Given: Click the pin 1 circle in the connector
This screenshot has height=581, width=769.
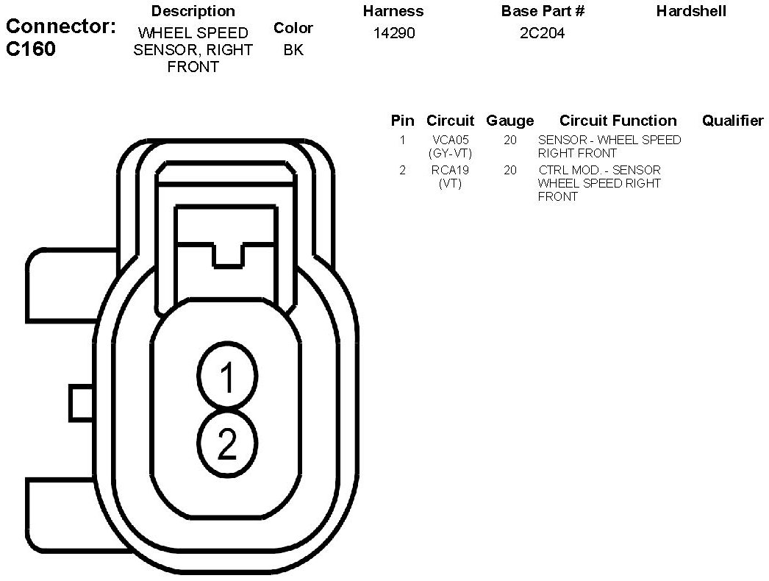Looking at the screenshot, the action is point(227,377).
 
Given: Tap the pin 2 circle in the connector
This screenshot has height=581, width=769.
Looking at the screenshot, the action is point(227,443).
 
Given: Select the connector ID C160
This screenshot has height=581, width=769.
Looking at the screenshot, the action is point(30,50).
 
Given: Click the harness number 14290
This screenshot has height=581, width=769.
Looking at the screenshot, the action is point(393,34).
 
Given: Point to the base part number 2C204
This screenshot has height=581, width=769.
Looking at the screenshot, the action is point(543,34).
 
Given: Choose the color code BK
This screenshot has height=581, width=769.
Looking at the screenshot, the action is point(293,51).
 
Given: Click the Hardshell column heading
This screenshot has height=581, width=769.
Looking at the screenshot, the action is point(691,11).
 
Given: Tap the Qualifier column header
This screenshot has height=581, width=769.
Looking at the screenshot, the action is point(732,121).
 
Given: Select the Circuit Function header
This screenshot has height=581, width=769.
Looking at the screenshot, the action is point(618,121).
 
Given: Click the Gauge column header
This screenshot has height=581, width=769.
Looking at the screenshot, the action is point(509,121).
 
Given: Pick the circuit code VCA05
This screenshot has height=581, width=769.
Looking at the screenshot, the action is point(450,140).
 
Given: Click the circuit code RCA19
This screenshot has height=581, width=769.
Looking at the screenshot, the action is point(450,170).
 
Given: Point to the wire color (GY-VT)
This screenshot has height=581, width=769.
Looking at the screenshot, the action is point(450,153).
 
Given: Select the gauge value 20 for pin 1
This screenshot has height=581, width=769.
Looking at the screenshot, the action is point(510,140).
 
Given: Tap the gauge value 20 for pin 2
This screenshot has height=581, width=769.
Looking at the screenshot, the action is point(510,170).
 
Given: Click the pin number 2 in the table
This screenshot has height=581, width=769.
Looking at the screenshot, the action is point(402,170).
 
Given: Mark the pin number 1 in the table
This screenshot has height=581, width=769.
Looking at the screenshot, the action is point(402,140).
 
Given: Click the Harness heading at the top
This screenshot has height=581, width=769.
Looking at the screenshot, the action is point(393,11).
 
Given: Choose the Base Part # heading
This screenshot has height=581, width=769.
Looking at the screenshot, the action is point(543,11).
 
